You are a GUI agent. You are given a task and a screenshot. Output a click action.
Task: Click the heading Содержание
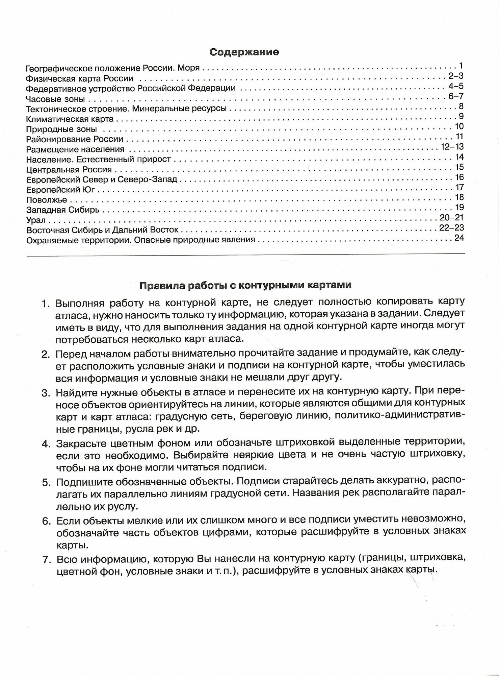click(244, 52)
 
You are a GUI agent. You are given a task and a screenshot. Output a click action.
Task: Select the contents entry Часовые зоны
click(55, 99)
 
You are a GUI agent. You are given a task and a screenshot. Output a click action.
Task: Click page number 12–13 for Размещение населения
click(452, 147)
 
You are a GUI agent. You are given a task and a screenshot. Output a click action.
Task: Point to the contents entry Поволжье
click(47, 200)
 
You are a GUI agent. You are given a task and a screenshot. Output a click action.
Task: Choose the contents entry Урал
click(36, 221)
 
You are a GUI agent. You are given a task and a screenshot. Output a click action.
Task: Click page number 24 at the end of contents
click(459, 238)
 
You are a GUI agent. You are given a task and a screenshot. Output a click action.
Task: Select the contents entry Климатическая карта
click(70, 119)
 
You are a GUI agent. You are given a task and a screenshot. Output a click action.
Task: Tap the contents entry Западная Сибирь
click(63, 210)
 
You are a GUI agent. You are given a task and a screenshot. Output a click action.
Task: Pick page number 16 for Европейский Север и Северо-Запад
click(459, 177)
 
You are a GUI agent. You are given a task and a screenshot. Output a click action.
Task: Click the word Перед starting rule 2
click(69, 354)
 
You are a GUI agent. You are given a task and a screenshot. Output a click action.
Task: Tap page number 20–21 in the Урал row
click(452, 217)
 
